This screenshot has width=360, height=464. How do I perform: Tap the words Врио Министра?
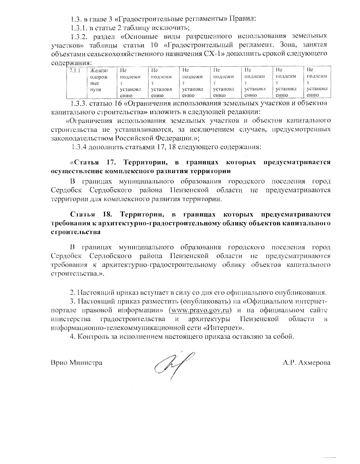pos(76,363)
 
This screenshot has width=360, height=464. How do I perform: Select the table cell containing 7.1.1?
pos(76,83)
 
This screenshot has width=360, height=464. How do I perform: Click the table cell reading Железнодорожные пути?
pos(101,83)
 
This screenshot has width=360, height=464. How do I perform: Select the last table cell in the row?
pos(317,83)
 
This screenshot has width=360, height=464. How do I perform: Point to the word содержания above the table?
pos(71,63)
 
